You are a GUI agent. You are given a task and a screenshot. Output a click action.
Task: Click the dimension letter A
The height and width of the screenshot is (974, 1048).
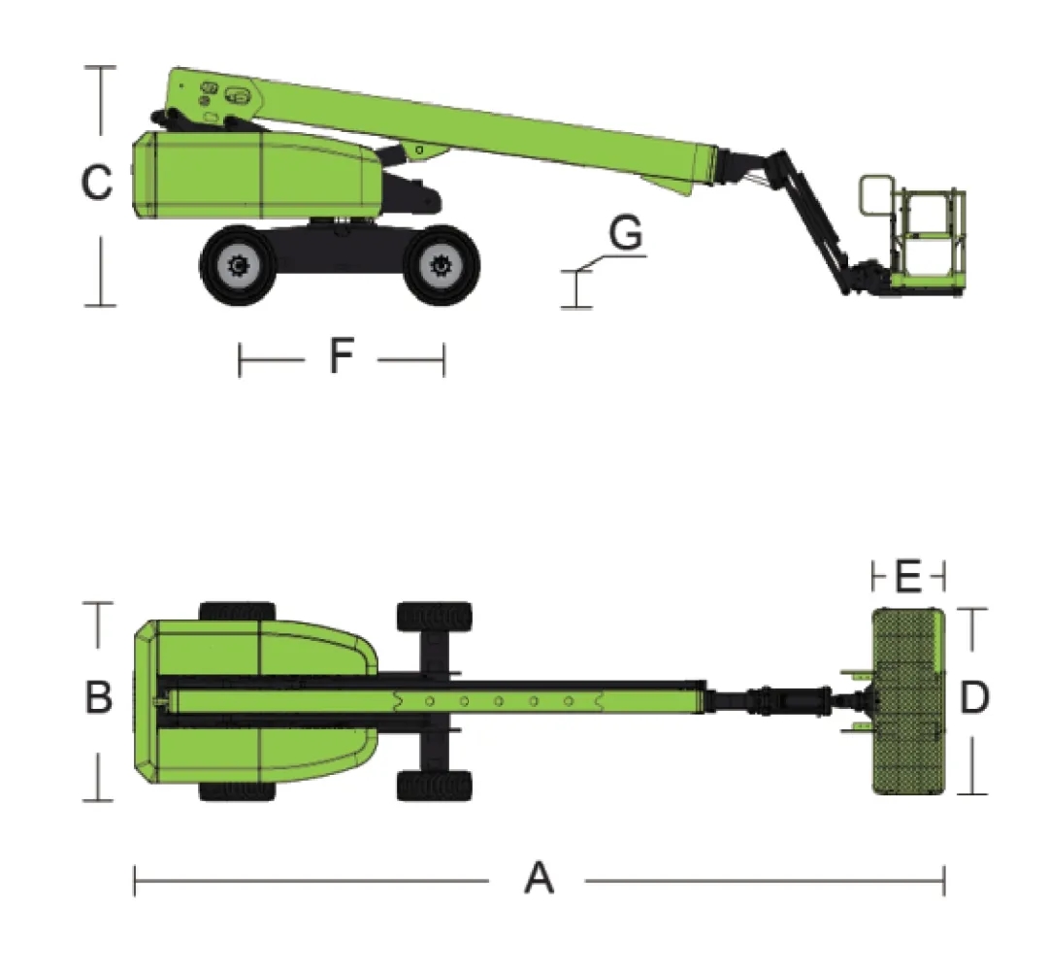[x=539, y=878]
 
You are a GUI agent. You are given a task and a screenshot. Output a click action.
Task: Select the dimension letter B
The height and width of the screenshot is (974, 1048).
[x=98, y=696]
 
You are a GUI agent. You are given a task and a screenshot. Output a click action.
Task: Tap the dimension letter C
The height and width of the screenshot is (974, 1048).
[x=96, y=182]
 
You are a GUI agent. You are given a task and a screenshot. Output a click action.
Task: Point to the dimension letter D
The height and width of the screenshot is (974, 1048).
[x=974, y=697]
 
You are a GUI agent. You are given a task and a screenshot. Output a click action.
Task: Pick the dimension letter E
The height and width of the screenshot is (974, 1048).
[x=907, y=576]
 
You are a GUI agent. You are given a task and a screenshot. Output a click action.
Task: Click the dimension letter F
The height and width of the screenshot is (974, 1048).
[x=341, y=355]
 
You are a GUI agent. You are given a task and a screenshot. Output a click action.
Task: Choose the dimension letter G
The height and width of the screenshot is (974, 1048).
[x=626, y=233]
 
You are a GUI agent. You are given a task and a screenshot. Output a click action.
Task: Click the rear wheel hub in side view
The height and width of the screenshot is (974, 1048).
[x=238, y=266]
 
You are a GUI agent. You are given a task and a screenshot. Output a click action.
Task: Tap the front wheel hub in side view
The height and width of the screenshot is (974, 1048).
[x=441, y=265]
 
